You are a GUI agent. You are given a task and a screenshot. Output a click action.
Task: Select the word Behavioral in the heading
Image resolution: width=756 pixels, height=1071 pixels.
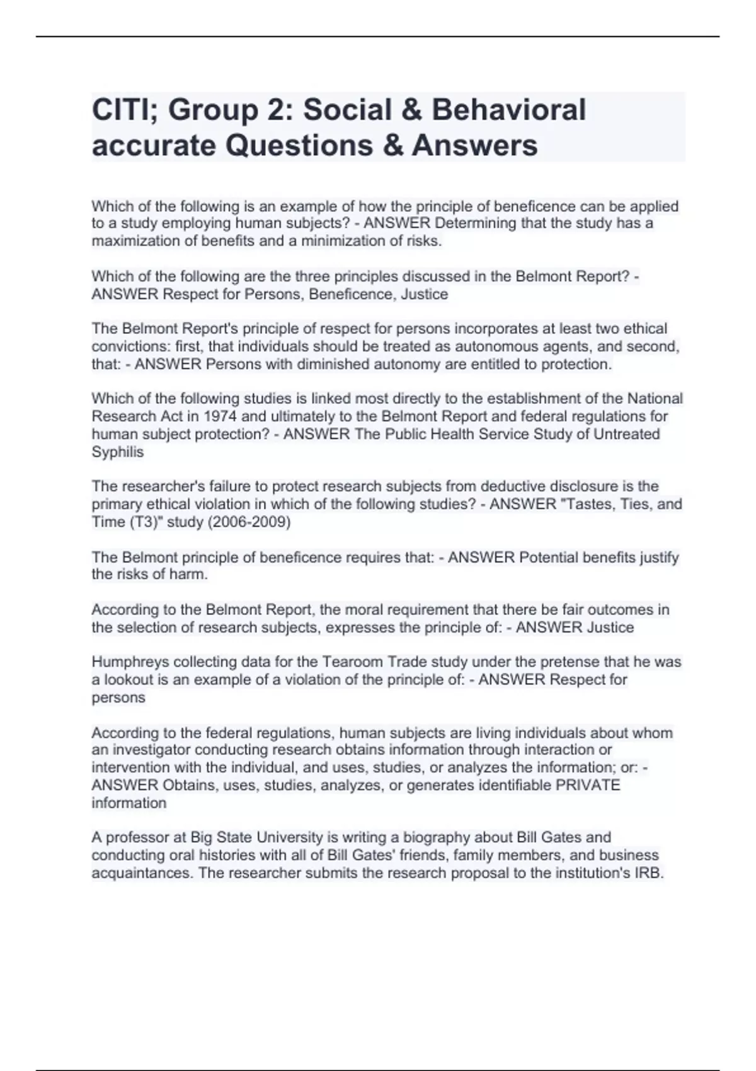pos(508,110)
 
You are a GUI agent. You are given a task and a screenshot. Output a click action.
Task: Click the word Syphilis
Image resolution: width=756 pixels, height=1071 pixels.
pos(118,452)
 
